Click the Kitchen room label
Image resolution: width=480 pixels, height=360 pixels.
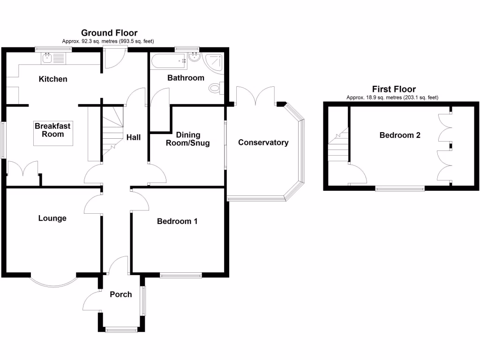pyautogui.click(x=52, y=79)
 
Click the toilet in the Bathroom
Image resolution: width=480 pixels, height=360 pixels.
pyautogui.click(x=216, y=88)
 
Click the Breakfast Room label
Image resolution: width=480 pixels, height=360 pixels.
pyautogui.click(x=49, y=130)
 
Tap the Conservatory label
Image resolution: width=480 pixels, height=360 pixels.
pyautogui.click(x=263, y=142)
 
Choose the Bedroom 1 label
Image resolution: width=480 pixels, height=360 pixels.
pyautogui.click(x=177, y=221)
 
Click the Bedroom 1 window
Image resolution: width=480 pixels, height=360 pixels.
pyautogui.click(x=180, y=275)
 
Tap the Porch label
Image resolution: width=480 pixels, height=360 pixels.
pyautogui.click(x=120, y=294)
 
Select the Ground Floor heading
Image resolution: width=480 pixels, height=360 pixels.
pyautogui.click(x=109, y=33)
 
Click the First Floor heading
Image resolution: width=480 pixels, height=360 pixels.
pyautogui.click(x=394, y=89)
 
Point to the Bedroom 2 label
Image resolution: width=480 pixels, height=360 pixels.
pyautogui.click(x=399, y=135)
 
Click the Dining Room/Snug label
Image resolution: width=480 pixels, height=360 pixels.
pyautogui.click(x=188, y=139)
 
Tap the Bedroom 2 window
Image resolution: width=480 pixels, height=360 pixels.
pyautogui.click(x=400, y=188)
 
